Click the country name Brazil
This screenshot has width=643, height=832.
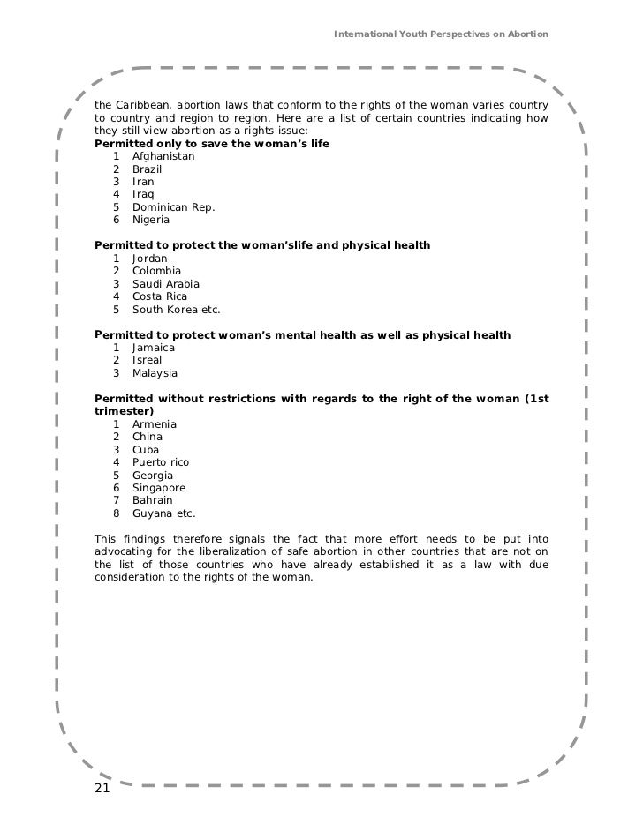(148, 169)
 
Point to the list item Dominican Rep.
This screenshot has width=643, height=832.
(173, 207)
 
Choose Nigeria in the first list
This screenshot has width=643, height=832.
(152, 220)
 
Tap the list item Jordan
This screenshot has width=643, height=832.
(150, 259)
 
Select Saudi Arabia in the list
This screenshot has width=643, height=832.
(166, 284)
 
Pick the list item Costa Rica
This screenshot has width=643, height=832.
(160, 297)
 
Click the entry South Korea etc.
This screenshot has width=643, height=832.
(176, 310)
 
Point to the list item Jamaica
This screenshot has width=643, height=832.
(154, 349)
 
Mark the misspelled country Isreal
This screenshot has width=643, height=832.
(148, 361)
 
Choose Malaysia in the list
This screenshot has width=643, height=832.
(156, 374)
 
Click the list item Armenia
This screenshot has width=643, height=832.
(155, 424)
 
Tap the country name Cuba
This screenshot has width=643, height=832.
(147, 450)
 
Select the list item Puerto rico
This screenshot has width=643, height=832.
(161, 462)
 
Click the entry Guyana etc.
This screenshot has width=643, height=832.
(164, 513)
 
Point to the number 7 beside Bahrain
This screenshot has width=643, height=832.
(116, 501)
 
